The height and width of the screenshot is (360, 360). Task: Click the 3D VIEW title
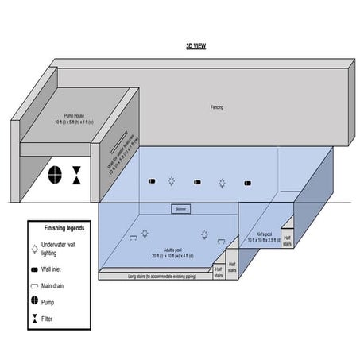(x=195, y=46)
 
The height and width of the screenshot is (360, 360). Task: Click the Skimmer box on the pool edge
(x=180, y=209)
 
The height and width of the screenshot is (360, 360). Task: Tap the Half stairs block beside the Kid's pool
(x=287, y=238)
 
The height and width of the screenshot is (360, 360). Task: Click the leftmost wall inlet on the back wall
(x=153, y=182)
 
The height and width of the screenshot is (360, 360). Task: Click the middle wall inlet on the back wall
(x=198, y=182)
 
